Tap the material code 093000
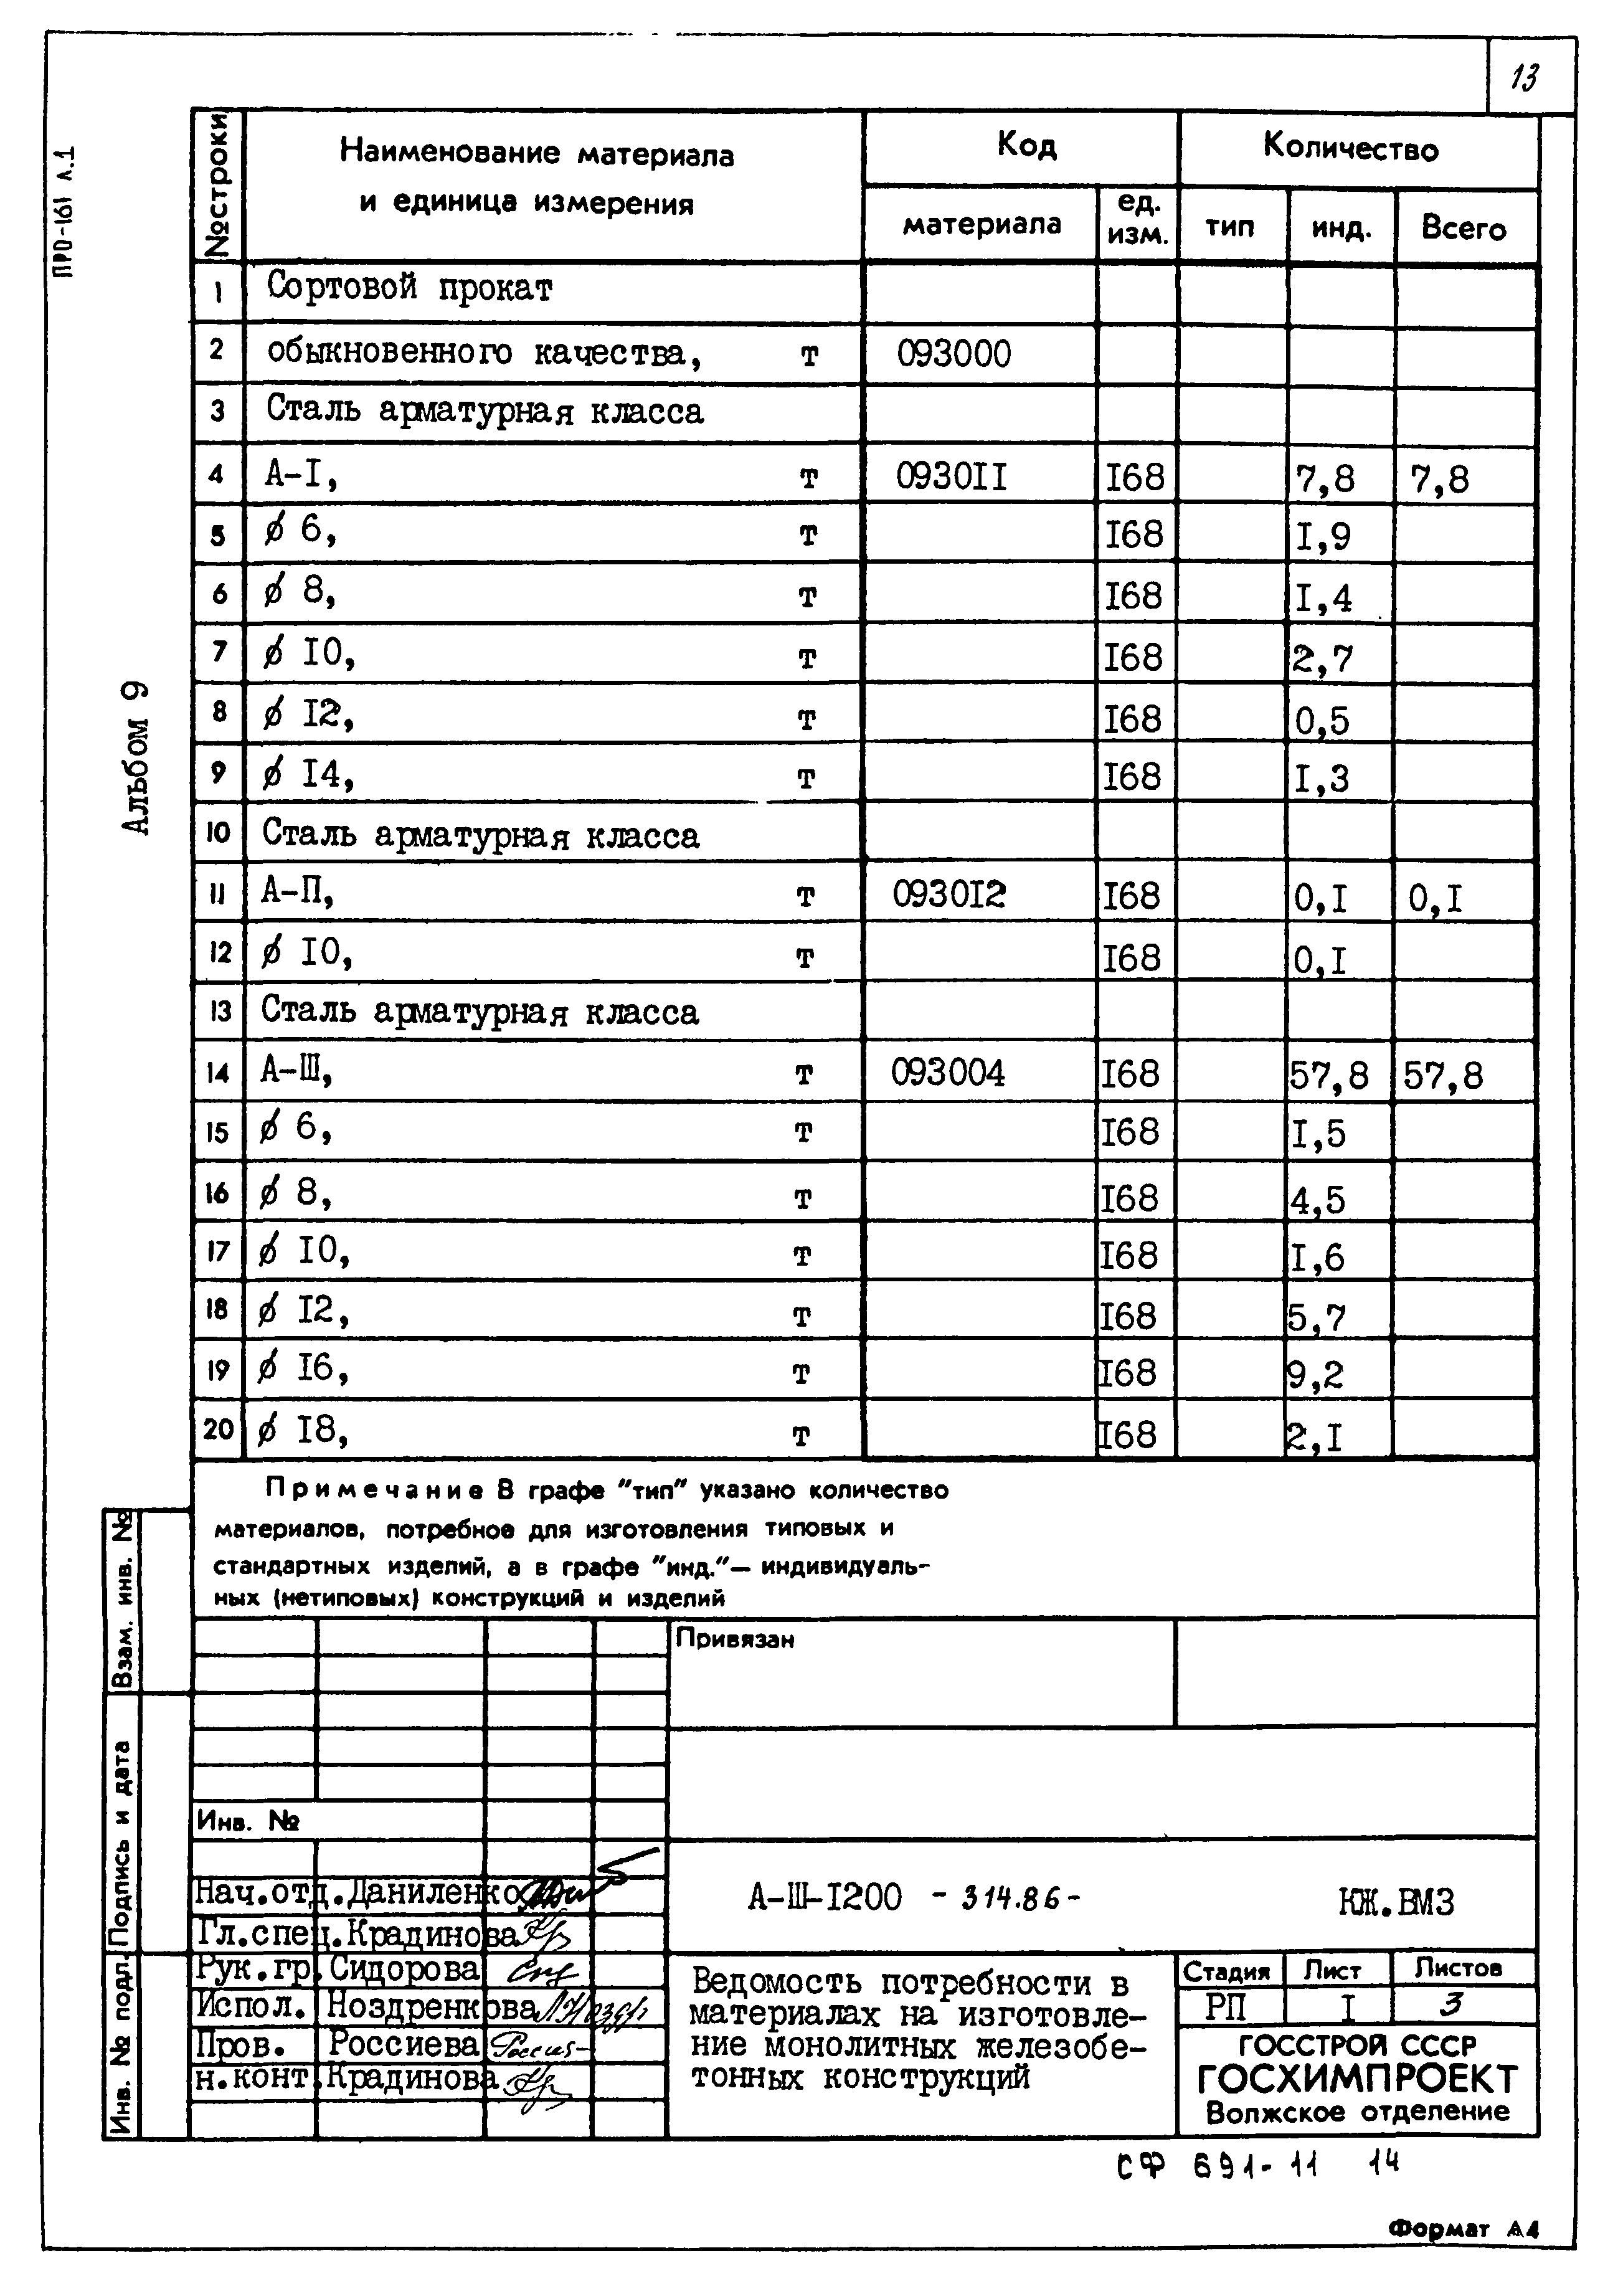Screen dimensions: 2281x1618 pos(953,354)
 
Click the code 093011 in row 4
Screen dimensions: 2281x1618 pos(952,477)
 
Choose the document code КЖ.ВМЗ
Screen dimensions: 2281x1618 pos(1396,1902)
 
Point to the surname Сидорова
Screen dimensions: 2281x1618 pos(404,1969)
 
